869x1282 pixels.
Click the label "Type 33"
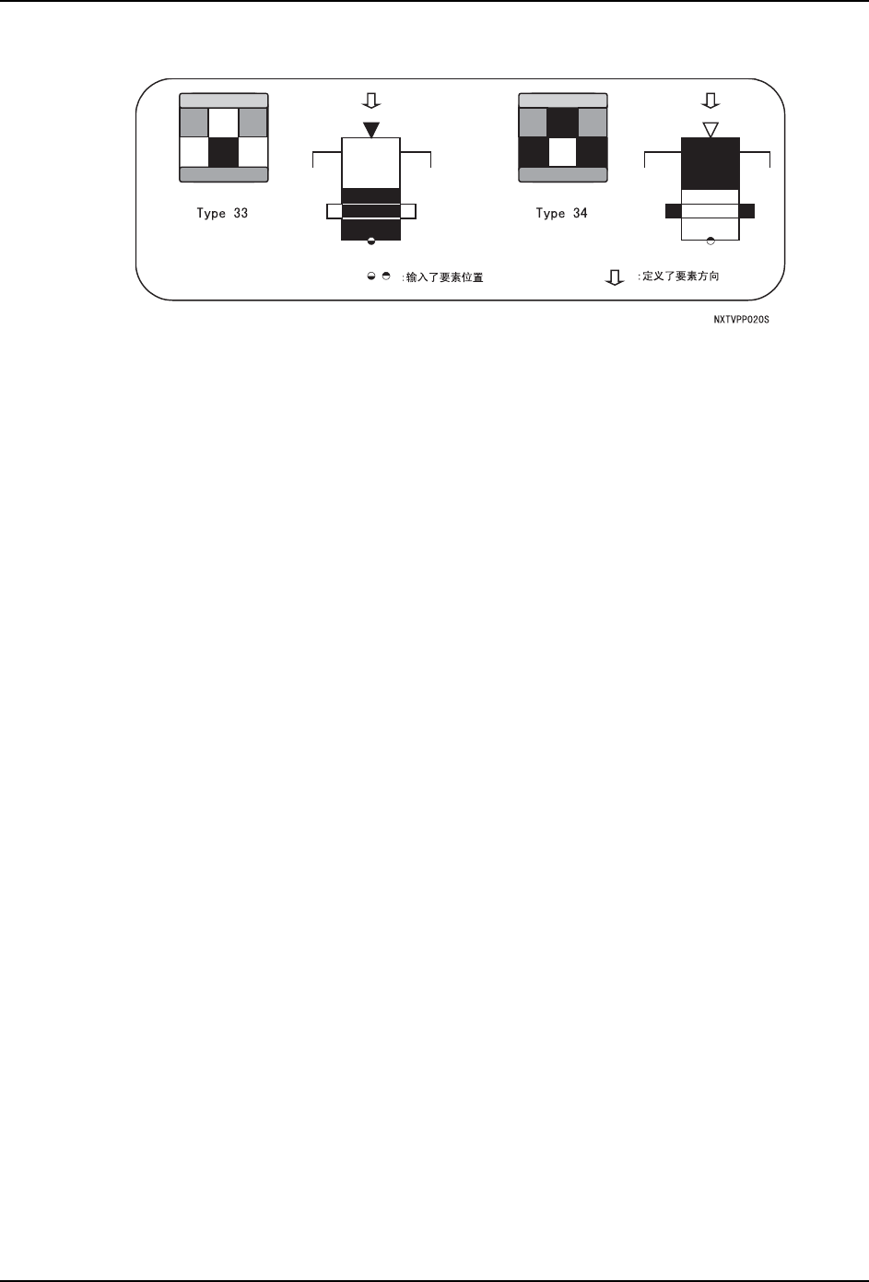click(x=222, y=214)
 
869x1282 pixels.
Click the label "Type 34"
click(x=561, y=214)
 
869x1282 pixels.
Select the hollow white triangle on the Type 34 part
click(x=710, y=130)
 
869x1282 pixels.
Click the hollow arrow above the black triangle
click(x=370, y=100)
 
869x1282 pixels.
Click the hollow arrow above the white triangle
click(x=710, y=100)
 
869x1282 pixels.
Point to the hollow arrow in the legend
click(x=614, y=277)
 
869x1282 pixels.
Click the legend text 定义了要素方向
click(x=679, y=276)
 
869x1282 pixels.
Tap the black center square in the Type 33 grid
click(x=223, y=152)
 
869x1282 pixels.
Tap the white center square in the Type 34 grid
click(x=562, y=152)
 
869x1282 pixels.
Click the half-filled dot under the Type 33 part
click(x=370, y=241)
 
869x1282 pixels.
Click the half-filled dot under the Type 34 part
click(x=710, y=241)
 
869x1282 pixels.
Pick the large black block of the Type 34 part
click(x=710, y=163)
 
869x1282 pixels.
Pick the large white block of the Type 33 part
click(x=370, y=162)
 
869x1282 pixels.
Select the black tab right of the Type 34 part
click(x=746, y=211)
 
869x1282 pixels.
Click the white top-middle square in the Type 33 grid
click(x=223, y=123)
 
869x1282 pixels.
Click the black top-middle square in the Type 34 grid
click(x=562, y=123)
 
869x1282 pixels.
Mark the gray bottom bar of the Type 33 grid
click(x=223, y=174)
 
